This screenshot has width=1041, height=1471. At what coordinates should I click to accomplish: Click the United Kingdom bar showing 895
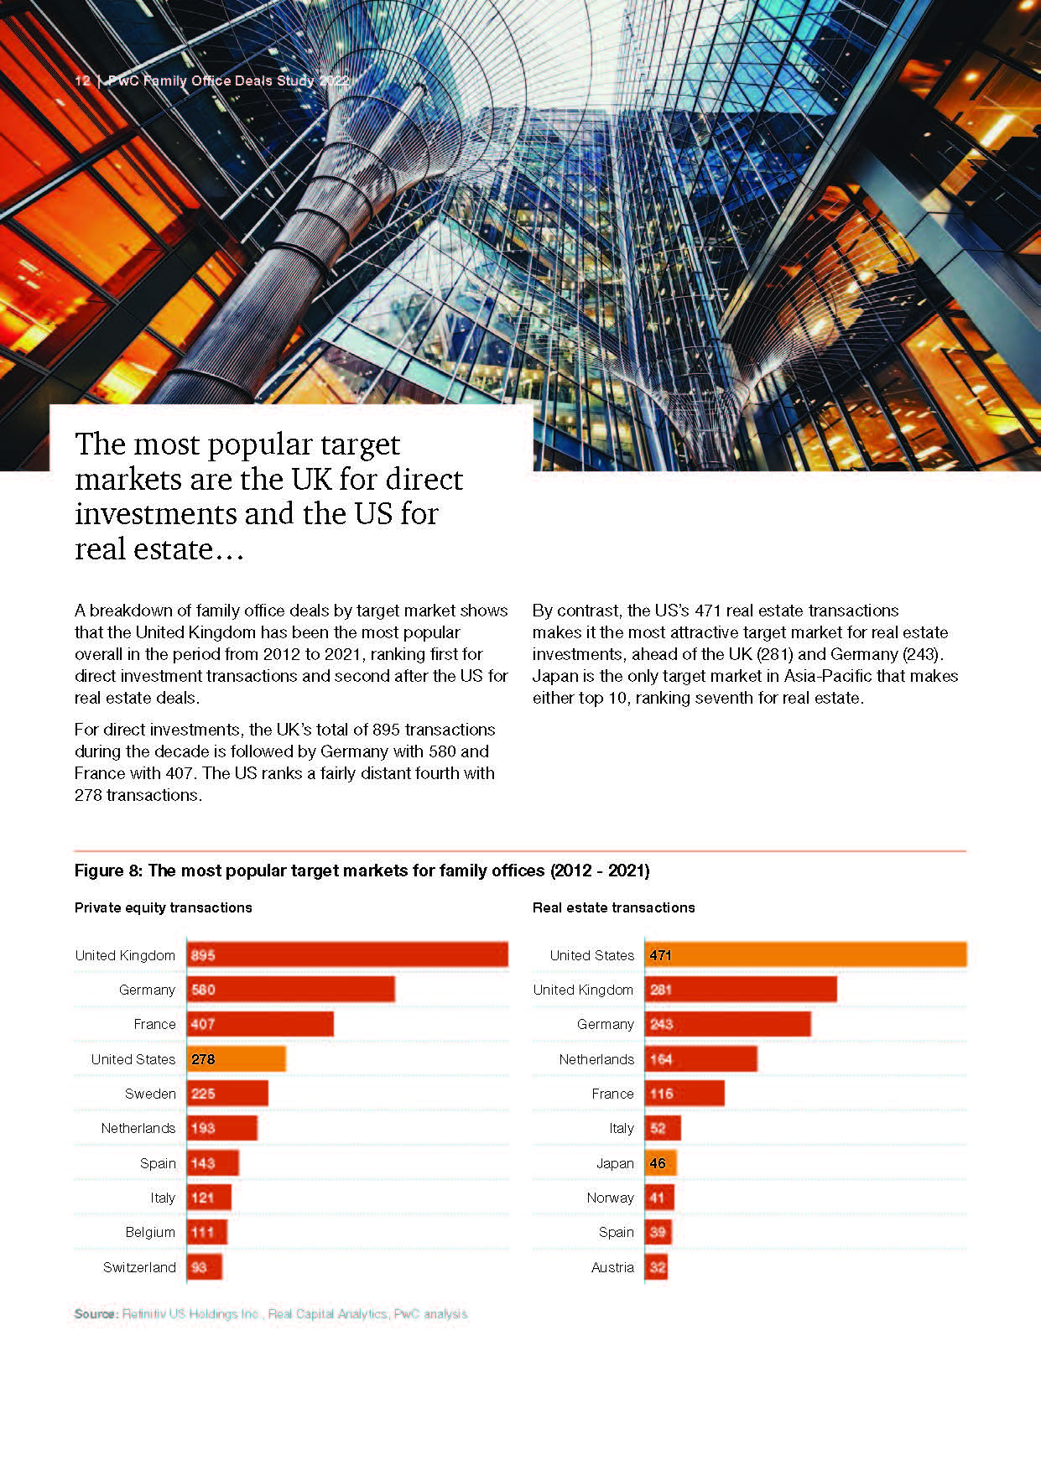(347, 954)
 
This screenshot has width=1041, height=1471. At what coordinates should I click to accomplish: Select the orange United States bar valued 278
(237, 1058)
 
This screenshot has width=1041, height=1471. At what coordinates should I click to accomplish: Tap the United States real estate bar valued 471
(805, 954)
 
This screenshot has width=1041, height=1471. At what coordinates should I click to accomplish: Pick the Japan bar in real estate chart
(660, 1162)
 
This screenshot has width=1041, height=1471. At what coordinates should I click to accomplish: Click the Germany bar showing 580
(290, 990)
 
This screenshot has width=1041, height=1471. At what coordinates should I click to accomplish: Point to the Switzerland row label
(139, 1266)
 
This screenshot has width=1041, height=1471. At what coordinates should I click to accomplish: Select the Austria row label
(612, 1266)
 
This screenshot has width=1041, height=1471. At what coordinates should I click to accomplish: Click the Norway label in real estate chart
(610, 1198)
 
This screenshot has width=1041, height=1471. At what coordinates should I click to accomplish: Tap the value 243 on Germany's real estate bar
(661, 1024)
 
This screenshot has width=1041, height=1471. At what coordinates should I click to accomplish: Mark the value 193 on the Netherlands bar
(203, 1128)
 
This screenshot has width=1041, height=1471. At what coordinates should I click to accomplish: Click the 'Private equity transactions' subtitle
(163, 907)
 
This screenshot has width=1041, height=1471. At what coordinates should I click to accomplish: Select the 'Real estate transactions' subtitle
(613, 907)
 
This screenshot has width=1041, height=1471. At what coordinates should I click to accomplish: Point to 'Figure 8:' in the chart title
(108, 871)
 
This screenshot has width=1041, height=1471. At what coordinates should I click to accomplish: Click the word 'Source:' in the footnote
(96, 1313)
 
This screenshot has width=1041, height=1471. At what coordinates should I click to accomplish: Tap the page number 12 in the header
(82, 81)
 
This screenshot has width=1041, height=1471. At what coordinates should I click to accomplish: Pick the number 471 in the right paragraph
(709, 611)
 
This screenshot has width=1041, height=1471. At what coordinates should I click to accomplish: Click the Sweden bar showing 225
(227, 1094)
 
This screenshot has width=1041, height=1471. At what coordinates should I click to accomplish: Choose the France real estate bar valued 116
(684, 1094)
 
